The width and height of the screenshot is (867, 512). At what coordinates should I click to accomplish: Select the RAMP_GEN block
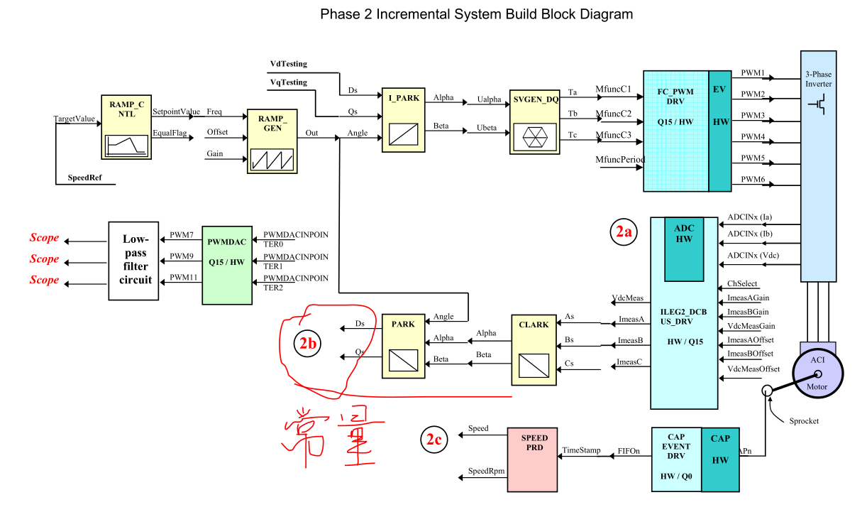click(272, 141)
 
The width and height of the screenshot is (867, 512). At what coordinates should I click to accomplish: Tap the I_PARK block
click(403, 120)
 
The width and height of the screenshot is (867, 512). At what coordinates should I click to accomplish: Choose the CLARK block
click(534, 347)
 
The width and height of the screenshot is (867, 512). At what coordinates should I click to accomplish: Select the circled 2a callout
click(623, 232)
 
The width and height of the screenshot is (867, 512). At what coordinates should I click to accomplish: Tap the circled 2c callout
click(433, 440)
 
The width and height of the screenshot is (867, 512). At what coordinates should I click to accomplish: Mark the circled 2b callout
click(309, 344)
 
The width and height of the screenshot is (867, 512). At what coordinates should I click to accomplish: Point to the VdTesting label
click(289, 64)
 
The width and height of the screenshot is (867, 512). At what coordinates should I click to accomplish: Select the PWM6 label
click(753, 180)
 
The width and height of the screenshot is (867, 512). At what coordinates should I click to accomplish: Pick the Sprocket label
click(804, 421)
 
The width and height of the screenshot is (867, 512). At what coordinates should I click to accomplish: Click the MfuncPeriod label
click(619, 160)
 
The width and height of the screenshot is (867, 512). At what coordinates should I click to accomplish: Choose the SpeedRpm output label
click(486, 472)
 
